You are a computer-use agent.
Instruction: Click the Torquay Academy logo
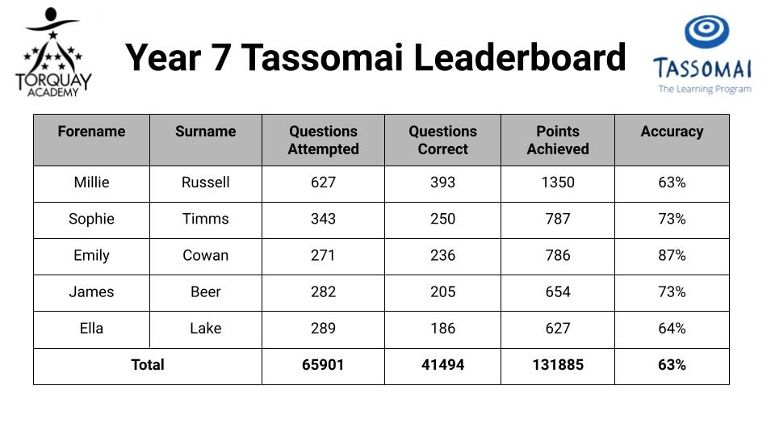[x=53, y=52]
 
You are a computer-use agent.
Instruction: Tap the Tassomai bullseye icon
[x=706, y=31]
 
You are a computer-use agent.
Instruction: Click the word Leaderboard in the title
[x=519, y=57]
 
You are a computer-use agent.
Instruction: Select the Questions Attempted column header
[x=323, y=140]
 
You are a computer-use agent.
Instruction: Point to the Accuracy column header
[x=672, y=132]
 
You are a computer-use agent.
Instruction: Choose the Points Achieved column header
[x=558, y=140]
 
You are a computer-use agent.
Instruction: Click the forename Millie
[x=91, y=182]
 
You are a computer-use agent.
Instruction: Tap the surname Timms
[x=206, y=219]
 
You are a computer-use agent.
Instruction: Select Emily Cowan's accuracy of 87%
[x=672, y=256]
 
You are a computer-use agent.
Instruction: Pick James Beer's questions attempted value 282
[x=323, y=292]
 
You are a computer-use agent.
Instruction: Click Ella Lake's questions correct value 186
[x=443, y=329]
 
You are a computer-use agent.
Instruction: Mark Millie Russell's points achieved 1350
[x=558, y=182]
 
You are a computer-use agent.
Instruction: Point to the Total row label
[x=147, y=365]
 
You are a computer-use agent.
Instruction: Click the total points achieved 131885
[x=558, y=365]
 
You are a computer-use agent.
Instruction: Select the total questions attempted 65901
[x=323, y=365]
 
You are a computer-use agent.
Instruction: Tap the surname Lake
[x=206, y=329]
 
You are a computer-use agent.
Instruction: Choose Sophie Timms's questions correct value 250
[x=443, y=219]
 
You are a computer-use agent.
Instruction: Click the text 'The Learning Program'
[x=704, y=90]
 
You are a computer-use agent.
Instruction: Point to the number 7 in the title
[x=221, y=58]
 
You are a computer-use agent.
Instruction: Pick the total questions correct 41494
[x=443, y=365]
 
